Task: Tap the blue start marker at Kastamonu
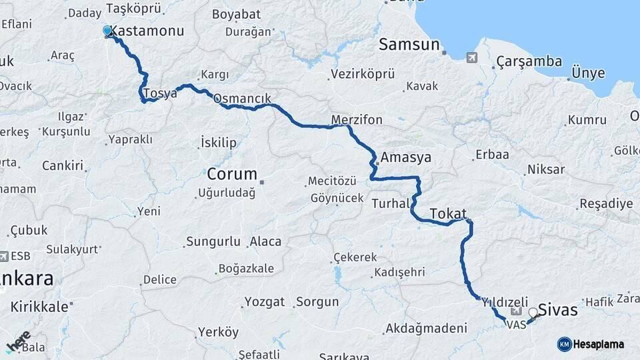coord(107,31)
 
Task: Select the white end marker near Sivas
coord(533,312)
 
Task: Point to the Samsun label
coord(409,45)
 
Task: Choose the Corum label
coord(232,174)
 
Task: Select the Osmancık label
coord(242,99)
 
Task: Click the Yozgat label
coord(265,302)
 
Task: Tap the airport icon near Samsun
coord(473,57)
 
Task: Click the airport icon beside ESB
coord(5,256)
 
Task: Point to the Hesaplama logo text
coord(599,344)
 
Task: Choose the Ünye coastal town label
coord(589,73)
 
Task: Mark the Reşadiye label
coord(606,203)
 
